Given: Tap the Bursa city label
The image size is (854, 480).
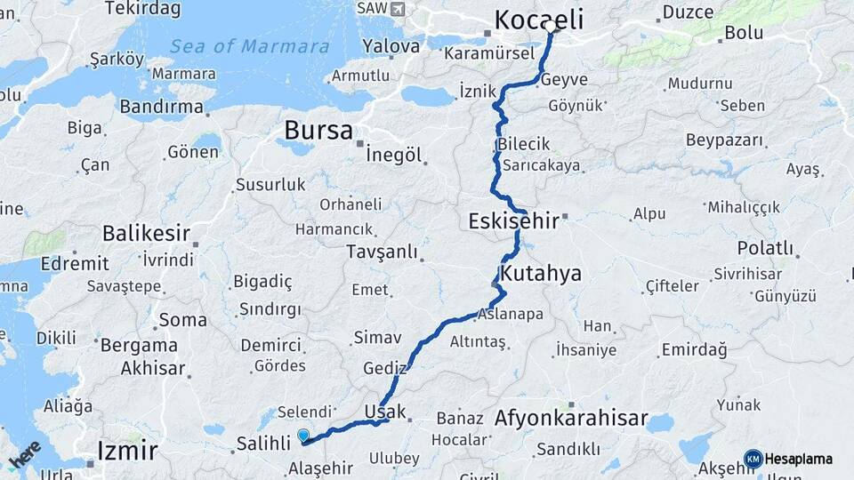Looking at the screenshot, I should point(318,131).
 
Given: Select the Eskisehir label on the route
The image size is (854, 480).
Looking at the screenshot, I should point(513,220).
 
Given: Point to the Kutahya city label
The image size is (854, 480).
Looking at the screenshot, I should point(541,272).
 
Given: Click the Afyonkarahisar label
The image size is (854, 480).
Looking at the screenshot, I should point(571,418).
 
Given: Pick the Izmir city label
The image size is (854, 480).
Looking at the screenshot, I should point(127,450).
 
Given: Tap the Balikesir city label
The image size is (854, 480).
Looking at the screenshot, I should point(146,234).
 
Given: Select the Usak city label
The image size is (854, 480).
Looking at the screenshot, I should point(385,412).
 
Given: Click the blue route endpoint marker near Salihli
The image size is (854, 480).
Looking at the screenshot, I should point(303,436).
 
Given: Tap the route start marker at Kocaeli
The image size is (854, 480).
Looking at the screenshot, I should point(552,28).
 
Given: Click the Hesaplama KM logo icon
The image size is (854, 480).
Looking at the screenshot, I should point(753,459).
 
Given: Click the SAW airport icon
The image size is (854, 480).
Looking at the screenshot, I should point(397,8).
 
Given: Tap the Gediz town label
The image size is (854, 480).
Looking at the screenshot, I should point(384,368).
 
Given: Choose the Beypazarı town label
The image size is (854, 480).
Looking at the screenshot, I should point(725,140).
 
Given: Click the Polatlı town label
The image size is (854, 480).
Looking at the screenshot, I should point(765,248).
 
